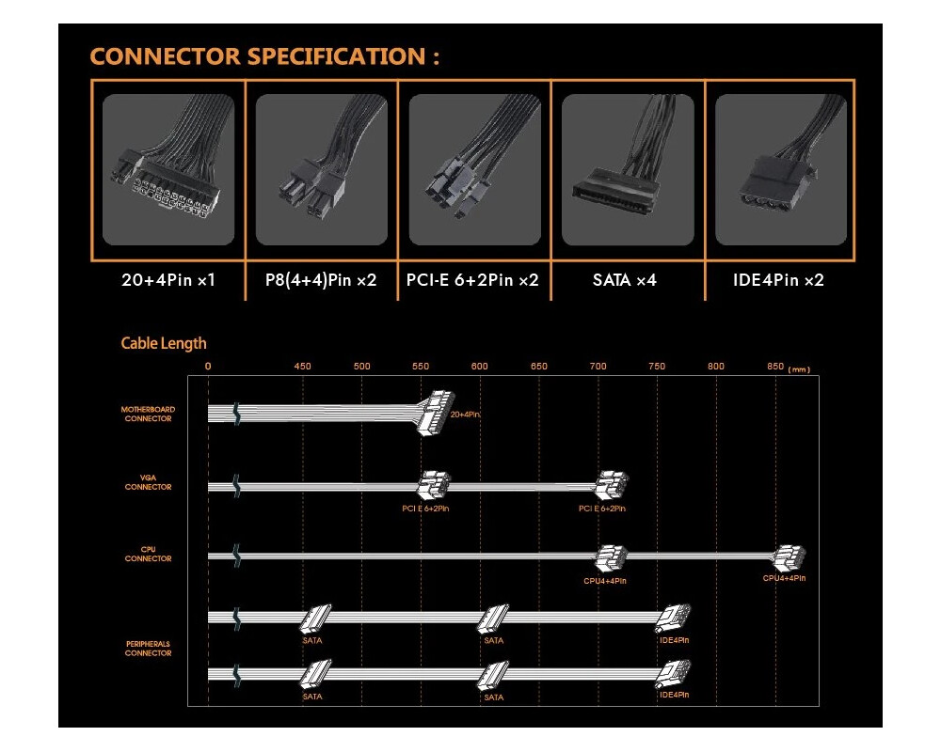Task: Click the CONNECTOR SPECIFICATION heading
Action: [264, 55]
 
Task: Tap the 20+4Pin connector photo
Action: [168, 170]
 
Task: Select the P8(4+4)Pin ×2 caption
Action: [322, 280]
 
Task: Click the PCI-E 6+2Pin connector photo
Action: [474, 170]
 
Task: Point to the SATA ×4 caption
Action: [626, 280]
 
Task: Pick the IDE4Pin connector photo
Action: [780, 170]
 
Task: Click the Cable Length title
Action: [164, 343]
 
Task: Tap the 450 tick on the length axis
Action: [302, 366]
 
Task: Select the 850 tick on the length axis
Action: [775, 366]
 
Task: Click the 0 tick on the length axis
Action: [208, 366]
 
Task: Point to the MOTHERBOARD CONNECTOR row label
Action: [148, 415]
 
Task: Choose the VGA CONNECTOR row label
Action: [148, 483]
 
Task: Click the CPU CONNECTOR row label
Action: [148, 555]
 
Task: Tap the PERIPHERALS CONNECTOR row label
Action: [148, 649]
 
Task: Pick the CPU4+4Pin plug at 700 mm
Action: [611, 559]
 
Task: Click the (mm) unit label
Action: [800, 369]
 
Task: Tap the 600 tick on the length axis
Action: [480, 366]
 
